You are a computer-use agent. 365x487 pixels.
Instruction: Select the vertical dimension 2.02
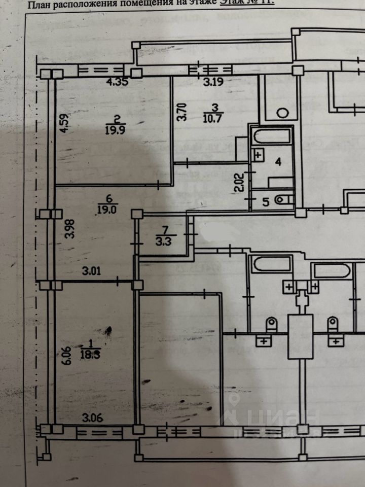(242, 181)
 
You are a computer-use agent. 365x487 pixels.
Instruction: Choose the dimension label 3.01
(93, 271)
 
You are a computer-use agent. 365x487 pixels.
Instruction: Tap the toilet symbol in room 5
(282, 200)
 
